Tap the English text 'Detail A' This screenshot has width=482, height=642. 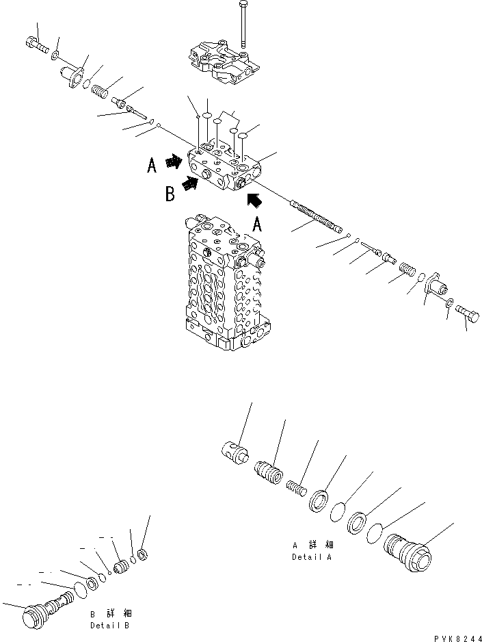pos(312,558)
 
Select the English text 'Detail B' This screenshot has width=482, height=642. pos(109,626)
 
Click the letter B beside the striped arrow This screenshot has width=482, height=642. pos(170,194)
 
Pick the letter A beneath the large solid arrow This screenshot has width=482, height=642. pos(257,224)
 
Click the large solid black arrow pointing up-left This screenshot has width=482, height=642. pos(254,200)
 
